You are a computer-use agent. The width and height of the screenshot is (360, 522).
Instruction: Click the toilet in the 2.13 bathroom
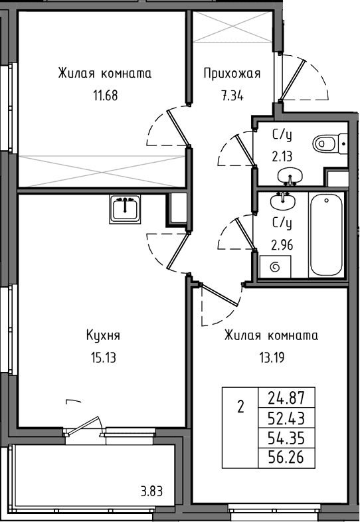coord(329,144)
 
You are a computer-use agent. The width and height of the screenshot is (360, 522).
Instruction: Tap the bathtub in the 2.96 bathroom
coord(326,234)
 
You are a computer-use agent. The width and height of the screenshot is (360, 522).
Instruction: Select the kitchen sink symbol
coord(125,209)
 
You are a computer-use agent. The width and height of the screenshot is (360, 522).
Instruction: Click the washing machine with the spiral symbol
coord(275,267)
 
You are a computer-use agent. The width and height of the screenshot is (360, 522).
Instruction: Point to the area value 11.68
coord(105,96)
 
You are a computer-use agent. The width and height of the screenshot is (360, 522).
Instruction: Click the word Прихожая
coord(232,73)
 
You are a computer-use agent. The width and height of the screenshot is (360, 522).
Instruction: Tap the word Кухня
coord(103,335)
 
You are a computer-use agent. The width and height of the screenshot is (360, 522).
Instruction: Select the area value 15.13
coord(103,358)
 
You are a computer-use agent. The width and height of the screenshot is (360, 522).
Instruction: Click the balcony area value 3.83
coord(151,491)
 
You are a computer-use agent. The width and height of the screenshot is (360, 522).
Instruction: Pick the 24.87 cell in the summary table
coord(286,398)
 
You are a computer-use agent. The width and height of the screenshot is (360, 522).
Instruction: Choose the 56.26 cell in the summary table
coord(286,458)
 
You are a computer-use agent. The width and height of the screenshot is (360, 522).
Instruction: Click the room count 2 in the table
coord(240,407)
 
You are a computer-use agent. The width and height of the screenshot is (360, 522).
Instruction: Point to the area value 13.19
coord(272,358)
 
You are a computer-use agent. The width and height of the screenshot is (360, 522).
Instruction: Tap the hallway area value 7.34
coord(232,96)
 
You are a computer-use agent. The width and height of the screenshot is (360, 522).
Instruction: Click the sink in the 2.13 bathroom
coord(290,176)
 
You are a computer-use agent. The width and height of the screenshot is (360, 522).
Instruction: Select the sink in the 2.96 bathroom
coord(283,201)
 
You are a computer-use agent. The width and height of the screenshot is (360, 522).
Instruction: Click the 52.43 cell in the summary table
coord(286,418)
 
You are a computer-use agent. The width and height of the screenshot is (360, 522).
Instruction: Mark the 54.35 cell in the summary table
coord(286,438)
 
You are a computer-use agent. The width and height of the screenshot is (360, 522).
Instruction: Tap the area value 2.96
coord(282,245)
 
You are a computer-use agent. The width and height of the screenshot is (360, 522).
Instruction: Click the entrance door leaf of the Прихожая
coord(292,80)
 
